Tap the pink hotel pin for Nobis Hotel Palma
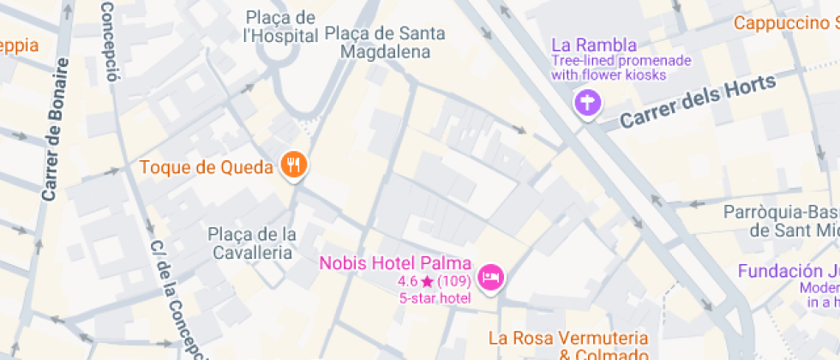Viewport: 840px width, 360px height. point(491,277)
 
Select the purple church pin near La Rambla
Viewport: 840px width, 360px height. point(588,105)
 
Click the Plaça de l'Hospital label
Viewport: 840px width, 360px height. point(280,27)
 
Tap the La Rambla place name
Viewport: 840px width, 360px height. point(594,45)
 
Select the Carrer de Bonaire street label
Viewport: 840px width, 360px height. point(54,130)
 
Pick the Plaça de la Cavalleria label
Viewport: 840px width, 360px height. point(252,243)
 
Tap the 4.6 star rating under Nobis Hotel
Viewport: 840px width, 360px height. point(435,281)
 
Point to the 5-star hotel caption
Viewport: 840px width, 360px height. point(435,297)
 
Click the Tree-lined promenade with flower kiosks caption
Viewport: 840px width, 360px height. point(621,68)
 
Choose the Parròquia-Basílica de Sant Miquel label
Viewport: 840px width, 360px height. point(781,221)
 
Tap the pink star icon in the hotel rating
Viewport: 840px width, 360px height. point(427,282)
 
